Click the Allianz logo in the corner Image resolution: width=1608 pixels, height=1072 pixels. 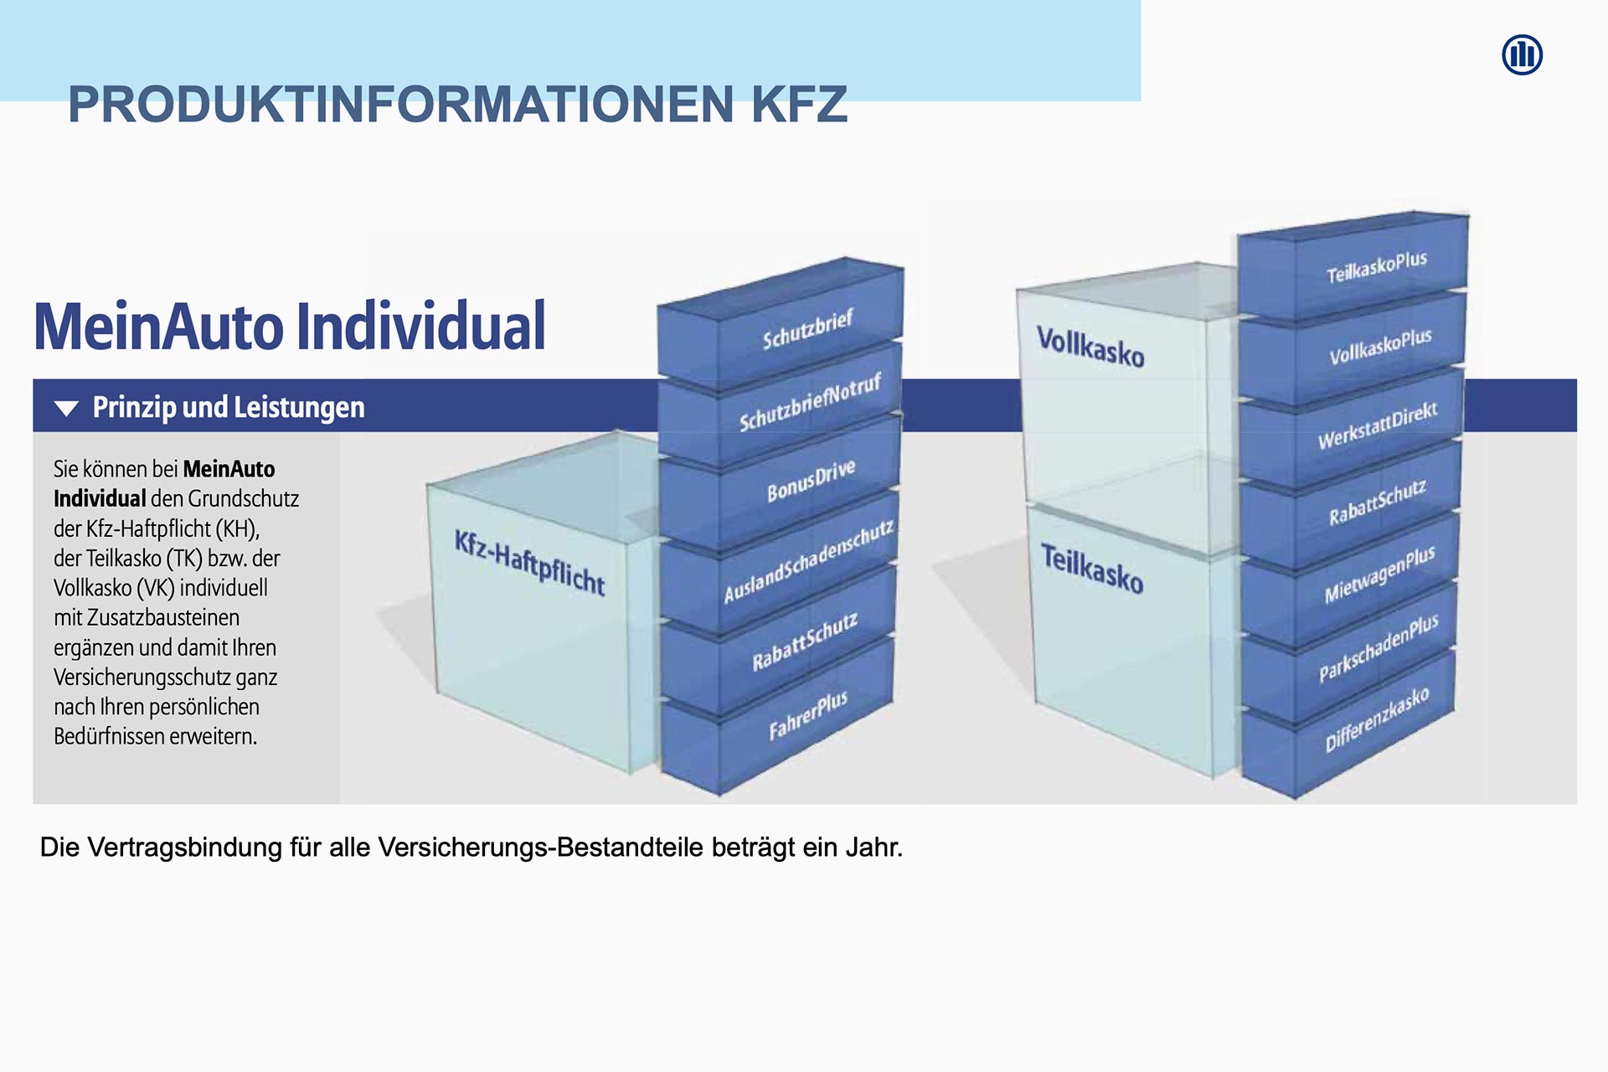(1522, 55)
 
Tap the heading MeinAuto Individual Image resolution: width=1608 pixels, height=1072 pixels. (290, 326)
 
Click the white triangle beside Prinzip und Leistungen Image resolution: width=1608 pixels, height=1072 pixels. (66, 408)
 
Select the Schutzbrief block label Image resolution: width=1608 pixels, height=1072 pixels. (807, 329)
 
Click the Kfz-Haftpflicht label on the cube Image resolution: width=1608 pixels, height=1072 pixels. (529, 563)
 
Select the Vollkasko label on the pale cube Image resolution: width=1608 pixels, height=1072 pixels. (1090, 347)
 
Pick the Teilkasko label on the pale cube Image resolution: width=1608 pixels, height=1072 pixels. (1092, 569)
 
